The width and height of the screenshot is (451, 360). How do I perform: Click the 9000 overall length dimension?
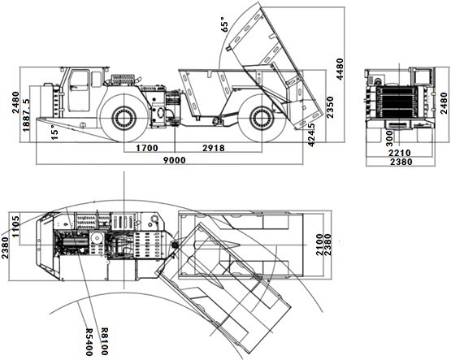tap(175, 160)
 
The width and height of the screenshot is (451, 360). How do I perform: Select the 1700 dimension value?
tap(147, 148)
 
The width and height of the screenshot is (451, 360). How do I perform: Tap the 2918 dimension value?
tap(214, 148)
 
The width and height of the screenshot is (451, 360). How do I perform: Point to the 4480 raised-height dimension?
tap(340, 69)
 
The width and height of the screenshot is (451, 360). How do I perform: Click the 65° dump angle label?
tap(224, 24)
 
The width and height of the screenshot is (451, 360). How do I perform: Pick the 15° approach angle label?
tap(54, 132)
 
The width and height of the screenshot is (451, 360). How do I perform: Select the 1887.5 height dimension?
tap(26, 115)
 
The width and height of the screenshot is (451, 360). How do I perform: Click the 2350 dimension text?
tap(330, 107)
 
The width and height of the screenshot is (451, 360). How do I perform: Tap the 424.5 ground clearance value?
tap(311, 135)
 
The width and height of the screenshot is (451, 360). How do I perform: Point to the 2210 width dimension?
tap(400, 153)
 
